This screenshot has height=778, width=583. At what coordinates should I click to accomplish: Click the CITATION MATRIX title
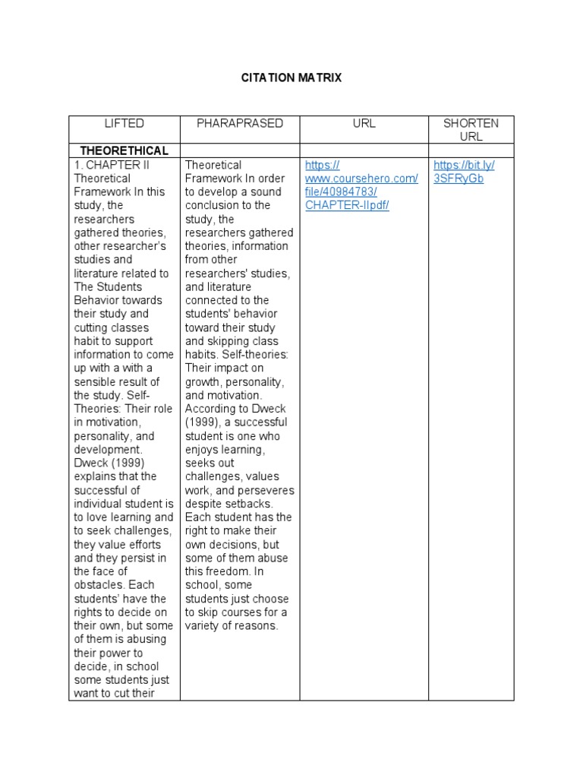click(x=291, y=77)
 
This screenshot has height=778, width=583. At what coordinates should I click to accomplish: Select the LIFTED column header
click(x=124, y=123)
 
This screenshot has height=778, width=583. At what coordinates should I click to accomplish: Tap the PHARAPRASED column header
click(x=240, y=123)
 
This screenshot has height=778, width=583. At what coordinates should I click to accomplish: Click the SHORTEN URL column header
click(x=471, y=130)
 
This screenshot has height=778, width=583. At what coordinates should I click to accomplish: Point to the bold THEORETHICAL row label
click(x=124, y=150)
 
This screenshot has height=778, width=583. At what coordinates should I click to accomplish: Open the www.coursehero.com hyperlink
click(x=361, y=179)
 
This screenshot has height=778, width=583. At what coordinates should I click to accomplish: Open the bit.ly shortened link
click(x=463, y=172)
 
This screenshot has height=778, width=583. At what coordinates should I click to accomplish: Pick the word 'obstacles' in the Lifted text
click(x=100, y=584)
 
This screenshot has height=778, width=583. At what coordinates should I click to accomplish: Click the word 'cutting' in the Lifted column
click(x=92, y=327)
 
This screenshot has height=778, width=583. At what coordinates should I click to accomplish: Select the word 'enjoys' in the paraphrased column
click(x=203, y=450)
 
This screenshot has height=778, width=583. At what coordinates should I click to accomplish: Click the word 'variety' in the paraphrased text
click(x=203, y=625)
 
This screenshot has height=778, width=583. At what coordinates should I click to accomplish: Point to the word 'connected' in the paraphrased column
click(x=212, y=300)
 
